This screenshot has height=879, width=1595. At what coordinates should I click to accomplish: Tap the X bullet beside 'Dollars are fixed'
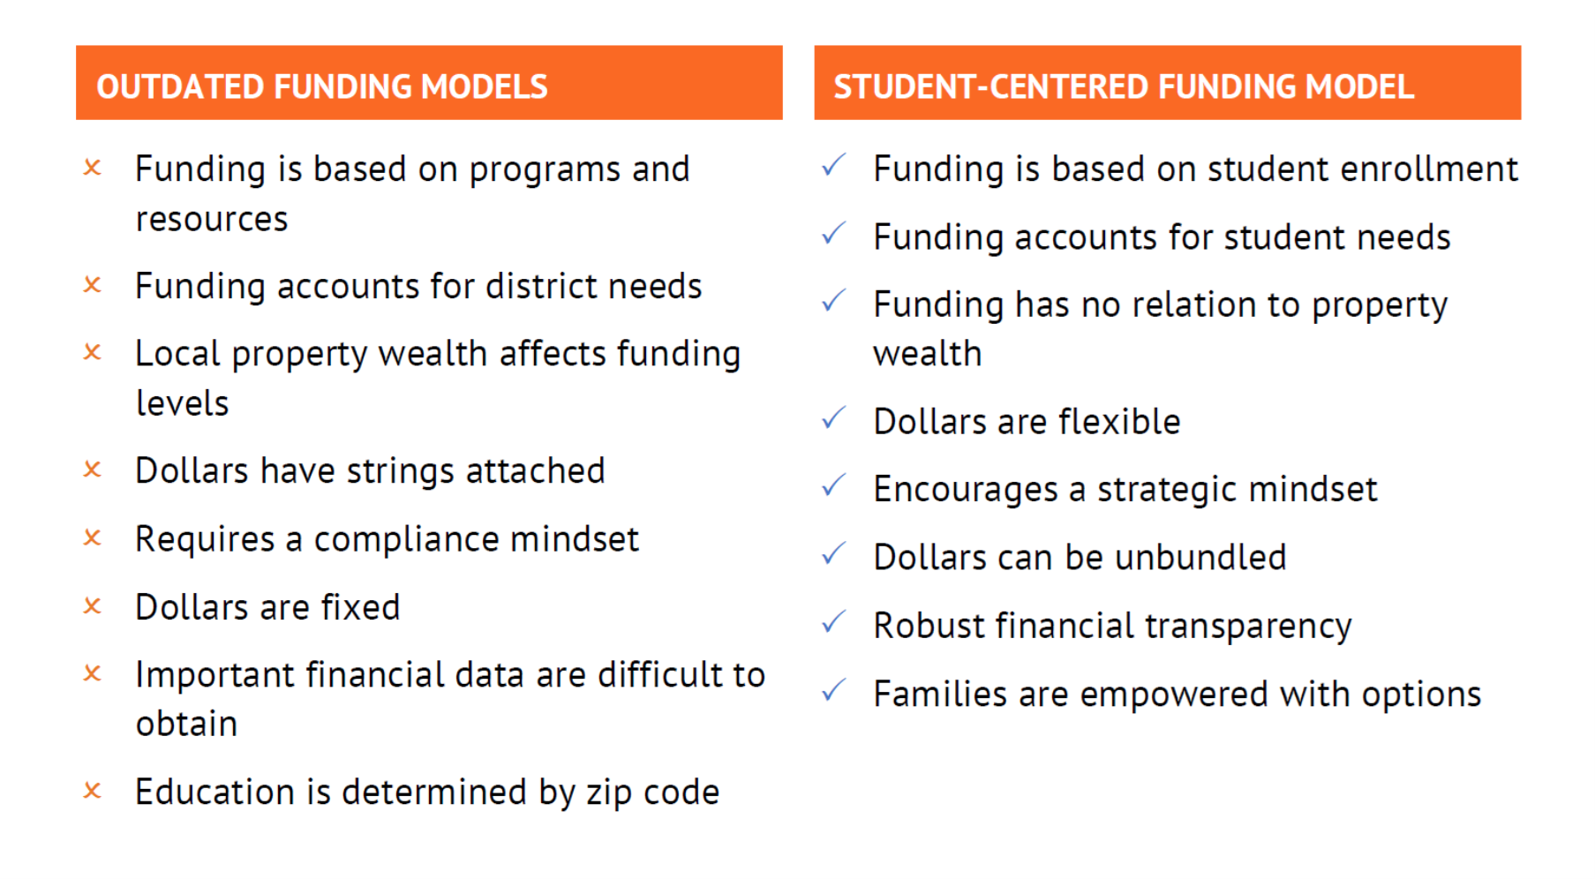pyautogui.click(x=93, y=606)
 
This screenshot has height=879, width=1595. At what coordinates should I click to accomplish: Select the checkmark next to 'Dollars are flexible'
pyautogui.click(x=833, y=417)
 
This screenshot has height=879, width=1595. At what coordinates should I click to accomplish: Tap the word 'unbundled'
pyautogui.click(x=1200, y=558)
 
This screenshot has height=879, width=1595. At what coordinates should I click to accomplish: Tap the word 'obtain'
pyautogui.click(x=186, y=724)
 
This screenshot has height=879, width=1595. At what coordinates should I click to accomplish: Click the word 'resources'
pyautogui.click(x=212, y=219)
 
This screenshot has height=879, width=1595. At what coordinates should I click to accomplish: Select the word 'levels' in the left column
pyautogui.click(x=183, y=403)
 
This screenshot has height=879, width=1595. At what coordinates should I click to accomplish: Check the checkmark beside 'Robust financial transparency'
pyautogui.click(x=833, y=621)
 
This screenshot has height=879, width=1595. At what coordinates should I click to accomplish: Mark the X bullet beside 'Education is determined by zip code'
pyautogui.click(x=93, y=791)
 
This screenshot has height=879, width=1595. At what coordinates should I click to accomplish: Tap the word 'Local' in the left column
pyautogui.click(x=177, y=354)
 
